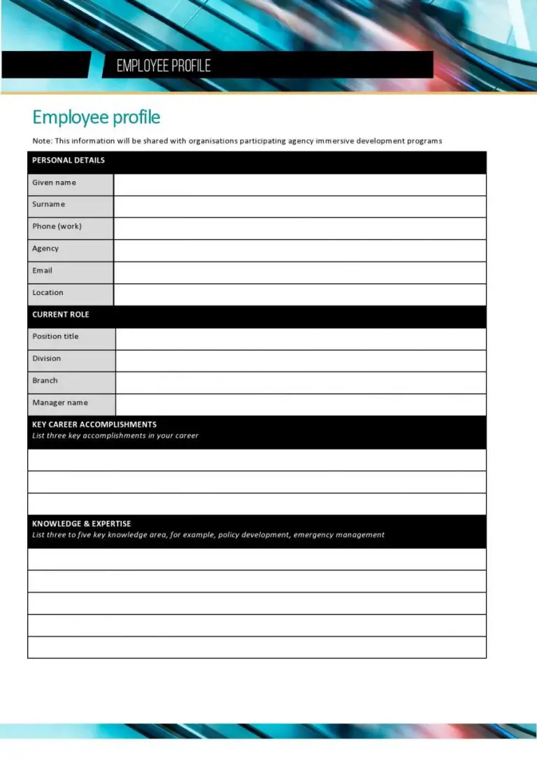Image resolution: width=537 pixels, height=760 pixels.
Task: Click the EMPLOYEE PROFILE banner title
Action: [x=164, y=66]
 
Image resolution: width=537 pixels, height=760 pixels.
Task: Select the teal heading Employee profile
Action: [x=96, y=117]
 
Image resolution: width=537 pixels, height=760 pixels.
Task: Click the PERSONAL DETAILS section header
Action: [x=69, y=160]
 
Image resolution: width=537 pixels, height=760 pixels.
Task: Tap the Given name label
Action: [x=54, y=182]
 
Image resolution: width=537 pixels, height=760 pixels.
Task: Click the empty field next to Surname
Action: [x=299, y=206]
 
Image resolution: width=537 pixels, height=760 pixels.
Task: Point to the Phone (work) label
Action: [x=57, y=227]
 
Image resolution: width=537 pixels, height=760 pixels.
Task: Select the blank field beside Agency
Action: [x=299, y=250]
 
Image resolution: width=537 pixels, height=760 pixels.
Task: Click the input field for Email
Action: [x=299, y=273]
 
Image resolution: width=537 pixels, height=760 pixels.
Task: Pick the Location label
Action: [x=48, y=292]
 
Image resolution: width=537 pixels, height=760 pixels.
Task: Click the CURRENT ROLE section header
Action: [x=61, y=315]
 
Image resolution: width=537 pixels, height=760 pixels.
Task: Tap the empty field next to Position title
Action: [x=301, y=338]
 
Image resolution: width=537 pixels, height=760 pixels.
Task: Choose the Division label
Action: [x=46, y=359]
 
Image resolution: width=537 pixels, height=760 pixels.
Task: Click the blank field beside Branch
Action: [x=301, y=382]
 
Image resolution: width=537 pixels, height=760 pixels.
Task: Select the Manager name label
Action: [x=60, y=403]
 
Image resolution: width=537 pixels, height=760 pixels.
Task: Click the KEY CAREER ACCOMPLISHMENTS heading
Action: [x=94, y=424]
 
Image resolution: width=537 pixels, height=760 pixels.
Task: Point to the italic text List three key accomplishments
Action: [x=115, y=436]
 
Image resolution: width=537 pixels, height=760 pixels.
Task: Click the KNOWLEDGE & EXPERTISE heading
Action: [x=81, y=524]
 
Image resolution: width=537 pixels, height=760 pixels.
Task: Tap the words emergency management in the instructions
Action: [x=339, y=535]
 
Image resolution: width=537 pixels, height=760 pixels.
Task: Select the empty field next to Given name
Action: [x=299, y=185]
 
